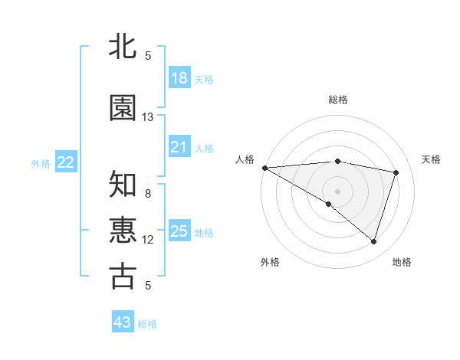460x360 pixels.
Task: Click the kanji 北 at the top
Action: click(123, 47)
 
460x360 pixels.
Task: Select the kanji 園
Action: click(123, 108)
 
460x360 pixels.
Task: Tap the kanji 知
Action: click(123, 185)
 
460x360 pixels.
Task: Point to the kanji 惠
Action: click(123, 231)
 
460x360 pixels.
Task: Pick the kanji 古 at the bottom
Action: click(123, 277)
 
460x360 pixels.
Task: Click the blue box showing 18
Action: click(179, 77)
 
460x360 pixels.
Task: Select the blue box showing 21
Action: click(179, 146)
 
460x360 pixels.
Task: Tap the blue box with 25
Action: click(179, 231)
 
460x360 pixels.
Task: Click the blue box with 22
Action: click(66, 162)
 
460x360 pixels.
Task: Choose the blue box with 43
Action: click(123, 322)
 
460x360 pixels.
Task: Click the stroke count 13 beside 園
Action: click(148, 116)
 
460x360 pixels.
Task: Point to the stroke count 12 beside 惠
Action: click(148, 240)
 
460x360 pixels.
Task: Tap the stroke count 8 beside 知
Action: click(148, 194)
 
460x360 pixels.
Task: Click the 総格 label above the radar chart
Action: click(337, 100)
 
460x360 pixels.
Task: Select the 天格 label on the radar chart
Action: click(431, 159)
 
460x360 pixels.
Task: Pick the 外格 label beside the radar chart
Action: click(270, 262)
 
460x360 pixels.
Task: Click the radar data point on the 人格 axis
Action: click(264, 168)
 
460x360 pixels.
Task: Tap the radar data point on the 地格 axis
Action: click(373, 241)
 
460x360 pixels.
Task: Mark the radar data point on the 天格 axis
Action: click(396, 172)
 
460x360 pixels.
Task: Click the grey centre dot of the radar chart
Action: click(337, 191)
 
